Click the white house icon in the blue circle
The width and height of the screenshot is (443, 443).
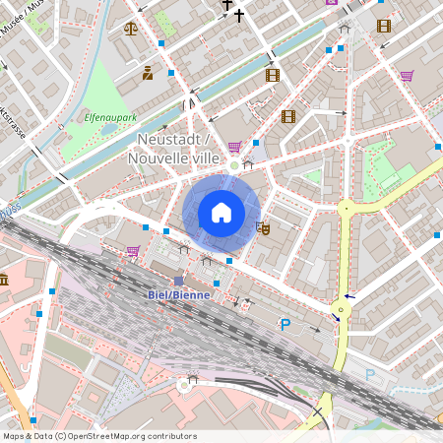221,213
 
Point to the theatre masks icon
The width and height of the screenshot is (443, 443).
263,227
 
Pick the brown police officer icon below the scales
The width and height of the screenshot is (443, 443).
148,73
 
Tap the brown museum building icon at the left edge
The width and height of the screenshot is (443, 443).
4,281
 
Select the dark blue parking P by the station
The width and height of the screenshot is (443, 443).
285,324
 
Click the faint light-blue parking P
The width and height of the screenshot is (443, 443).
370,374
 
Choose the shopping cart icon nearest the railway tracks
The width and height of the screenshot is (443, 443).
132,251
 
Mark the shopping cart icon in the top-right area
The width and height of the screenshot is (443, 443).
407,75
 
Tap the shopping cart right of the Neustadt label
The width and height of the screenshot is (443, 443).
234,148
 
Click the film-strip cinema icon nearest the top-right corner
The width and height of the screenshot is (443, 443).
383,26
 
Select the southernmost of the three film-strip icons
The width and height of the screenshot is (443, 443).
288,116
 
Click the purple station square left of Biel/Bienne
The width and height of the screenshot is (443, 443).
178,281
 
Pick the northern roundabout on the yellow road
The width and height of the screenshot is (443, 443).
346,208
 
